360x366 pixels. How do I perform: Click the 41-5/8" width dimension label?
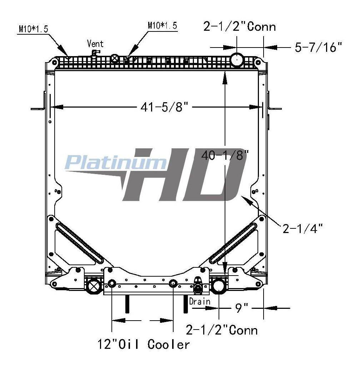tap(164, 107)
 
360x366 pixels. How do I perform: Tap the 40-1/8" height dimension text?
tap(225, 155)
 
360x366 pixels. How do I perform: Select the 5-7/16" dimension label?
tap(318, 47)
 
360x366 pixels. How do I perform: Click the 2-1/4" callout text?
tap(302, 228)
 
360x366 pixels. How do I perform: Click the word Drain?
tap(199, 301)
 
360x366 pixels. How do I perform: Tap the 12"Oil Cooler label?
tap(144, 344)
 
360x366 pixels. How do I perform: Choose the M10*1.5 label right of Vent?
tap(162, 25)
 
